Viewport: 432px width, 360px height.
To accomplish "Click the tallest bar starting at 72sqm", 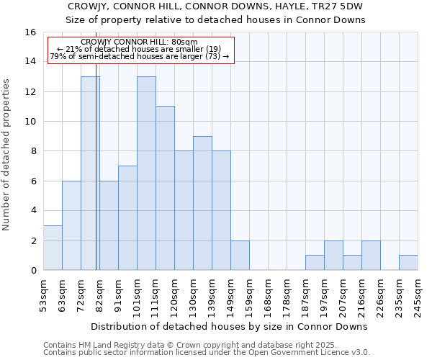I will tap(90, 173).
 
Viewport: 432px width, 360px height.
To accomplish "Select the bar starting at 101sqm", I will tap(146, 173).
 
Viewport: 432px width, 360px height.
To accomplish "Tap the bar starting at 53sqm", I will tap(53, 248).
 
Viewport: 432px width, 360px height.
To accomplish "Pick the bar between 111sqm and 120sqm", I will tap(165, 188).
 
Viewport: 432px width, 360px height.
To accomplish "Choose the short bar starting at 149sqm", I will tap(240, 256).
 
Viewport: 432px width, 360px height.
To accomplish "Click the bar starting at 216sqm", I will tap(371, 256).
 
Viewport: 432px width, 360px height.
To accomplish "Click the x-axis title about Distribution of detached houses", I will tap(230, 326).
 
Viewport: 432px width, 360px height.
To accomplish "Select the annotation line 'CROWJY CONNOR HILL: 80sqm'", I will tap(140, 42).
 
